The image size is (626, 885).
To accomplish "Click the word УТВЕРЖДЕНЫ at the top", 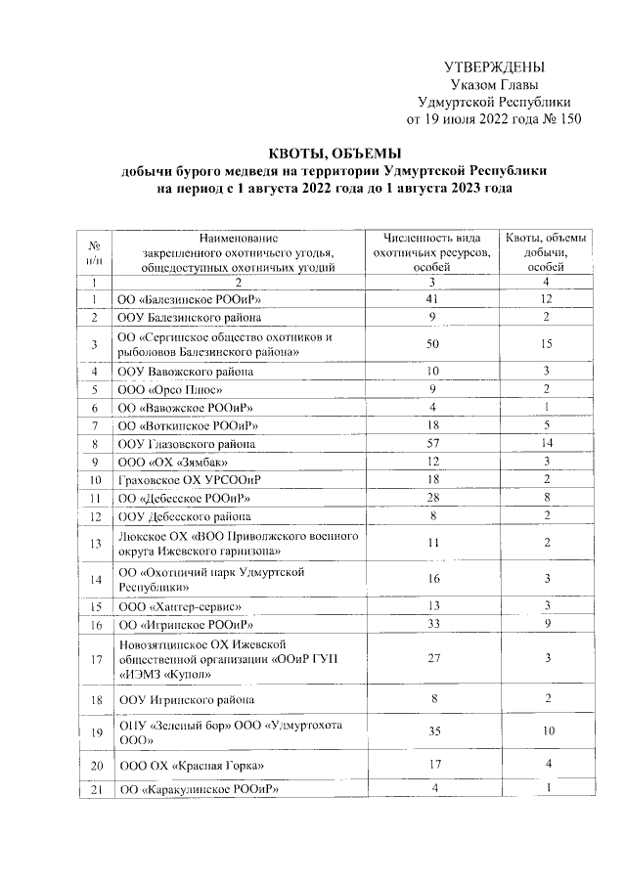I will click(493, 66).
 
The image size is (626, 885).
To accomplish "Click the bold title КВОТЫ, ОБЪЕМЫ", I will click(335, 153).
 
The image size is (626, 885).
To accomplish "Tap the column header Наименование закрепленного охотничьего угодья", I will click(238, 251).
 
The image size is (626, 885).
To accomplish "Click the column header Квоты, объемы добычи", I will click(546, 251).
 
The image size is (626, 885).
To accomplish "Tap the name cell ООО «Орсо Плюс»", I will click(167, 389).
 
